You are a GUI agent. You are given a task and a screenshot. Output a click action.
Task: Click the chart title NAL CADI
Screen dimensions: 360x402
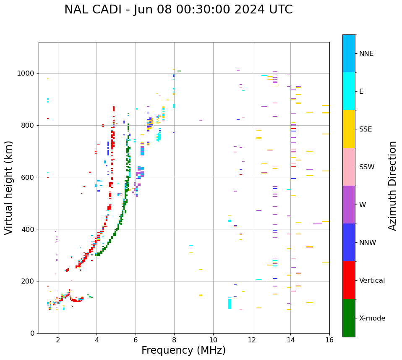pyautogui.click(x=178, y=10)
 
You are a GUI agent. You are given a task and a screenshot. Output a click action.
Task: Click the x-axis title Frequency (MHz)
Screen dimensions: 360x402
pyautogui.click(x=183, y=350)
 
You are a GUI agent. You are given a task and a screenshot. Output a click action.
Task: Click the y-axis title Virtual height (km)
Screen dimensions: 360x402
pyautogui.click(x=9, y=187)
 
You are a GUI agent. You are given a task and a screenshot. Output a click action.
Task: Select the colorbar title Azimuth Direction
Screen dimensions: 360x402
pyautogui.click(x=392, y=186)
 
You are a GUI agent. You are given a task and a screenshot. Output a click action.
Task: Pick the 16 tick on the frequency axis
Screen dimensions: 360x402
pyautogui.click(x=329, y=339)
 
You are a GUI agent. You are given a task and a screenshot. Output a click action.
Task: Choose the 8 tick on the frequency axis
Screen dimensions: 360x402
pyautogui.click(x=174, y=339)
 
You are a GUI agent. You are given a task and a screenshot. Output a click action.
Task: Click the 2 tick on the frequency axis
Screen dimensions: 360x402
pyautogui.click(x=58, y=339)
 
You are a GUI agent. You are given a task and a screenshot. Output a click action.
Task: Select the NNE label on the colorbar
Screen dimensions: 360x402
pyautogui.click(x=366, y=54)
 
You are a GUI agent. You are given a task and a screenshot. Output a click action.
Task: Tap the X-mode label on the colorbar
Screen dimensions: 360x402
pyautogui.click(x=372, y=318)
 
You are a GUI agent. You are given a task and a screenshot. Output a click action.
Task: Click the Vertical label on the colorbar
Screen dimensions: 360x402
pyautogui.click(x=372, y=281)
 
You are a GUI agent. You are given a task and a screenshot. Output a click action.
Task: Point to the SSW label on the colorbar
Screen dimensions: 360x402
pyautogui.click(x=367, y=167)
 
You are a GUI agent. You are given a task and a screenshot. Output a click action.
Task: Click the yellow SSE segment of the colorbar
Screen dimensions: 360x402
pyautogui.click(x=349, y=129)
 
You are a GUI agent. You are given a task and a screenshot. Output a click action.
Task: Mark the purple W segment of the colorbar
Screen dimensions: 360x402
pyautogui.click(x=349, y=205)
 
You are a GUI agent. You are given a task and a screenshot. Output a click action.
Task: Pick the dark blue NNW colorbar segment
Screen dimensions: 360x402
pyautogui.click(x=349, y=242)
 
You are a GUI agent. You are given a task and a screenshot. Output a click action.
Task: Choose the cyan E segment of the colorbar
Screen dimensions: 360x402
pyautogui.click(x=349, y=91)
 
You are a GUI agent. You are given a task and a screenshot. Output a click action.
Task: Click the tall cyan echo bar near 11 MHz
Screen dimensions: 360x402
pyautogui.click(x=230, y=303)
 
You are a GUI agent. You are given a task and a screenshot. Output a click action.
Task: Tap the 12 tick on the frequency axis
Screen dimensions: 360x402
pyautogui.click(x=252, y=339)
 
